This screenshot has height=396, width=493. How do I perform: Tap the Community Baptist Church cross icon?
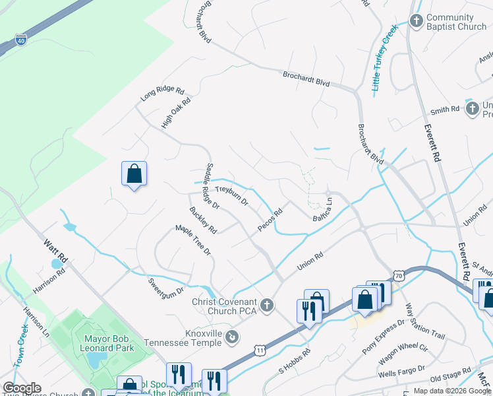[x=416, y=21]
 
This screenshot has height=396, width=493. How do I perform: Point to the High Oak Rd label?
[x=176, y=113]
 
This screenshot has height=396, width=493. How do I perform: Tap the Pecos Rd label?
[x=270, y=220]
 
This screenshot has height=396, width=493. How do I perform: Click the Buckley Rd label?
[x=203, y=221]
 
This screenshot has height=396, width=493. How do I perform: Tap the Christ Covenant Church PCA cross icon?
[x=267, y=304]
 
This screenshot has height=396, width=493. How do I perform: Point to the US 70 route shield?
[x=397, y=275]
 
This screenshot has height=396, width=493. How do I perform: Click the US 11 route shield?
[x=261, y=350]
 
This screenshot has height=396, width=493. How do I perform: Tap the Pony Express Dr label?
[x=383, y=335]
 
